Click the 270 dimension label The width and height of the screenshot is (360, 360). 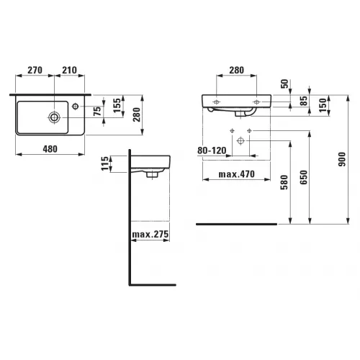click(x=35, y=70)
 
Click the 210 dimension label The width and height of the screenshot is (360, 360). click(x=70, y=70)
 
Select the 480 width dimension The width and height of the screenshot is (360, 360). click(x=50, y=149)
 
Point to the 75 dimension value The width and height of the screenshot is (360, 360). click(x=97, y=111)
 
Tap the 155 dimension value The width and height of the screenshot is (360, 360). click(x=117, y=105)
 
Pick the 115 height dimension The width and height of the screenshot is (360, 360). click(x=105, y=163)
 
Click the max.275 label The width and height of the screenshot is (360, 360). click(x=150, y=234)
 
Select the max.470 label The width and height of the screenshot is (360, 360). click(x=237, y=174)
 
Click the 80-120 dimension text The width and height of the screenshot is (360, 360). click(x=212, y=150)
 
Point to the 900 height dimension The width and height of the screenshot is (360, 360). click(x=342, y=159)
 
